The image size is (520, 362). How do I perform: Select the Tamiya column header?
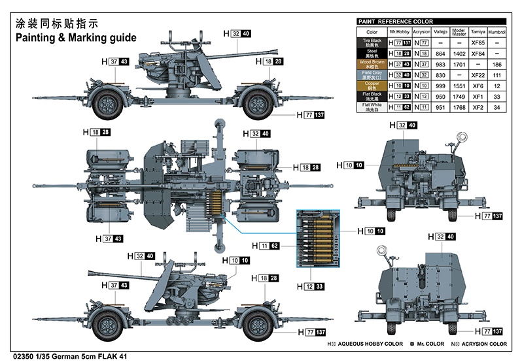477,31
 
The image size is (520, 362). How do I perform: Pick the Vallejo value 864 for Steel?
440,53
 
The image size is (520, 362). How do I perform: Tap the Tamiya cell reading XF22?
477,74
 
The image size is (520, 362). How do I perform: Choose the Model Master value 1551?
459,86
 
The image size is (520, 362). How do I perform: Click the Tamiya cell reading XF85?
477,42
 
